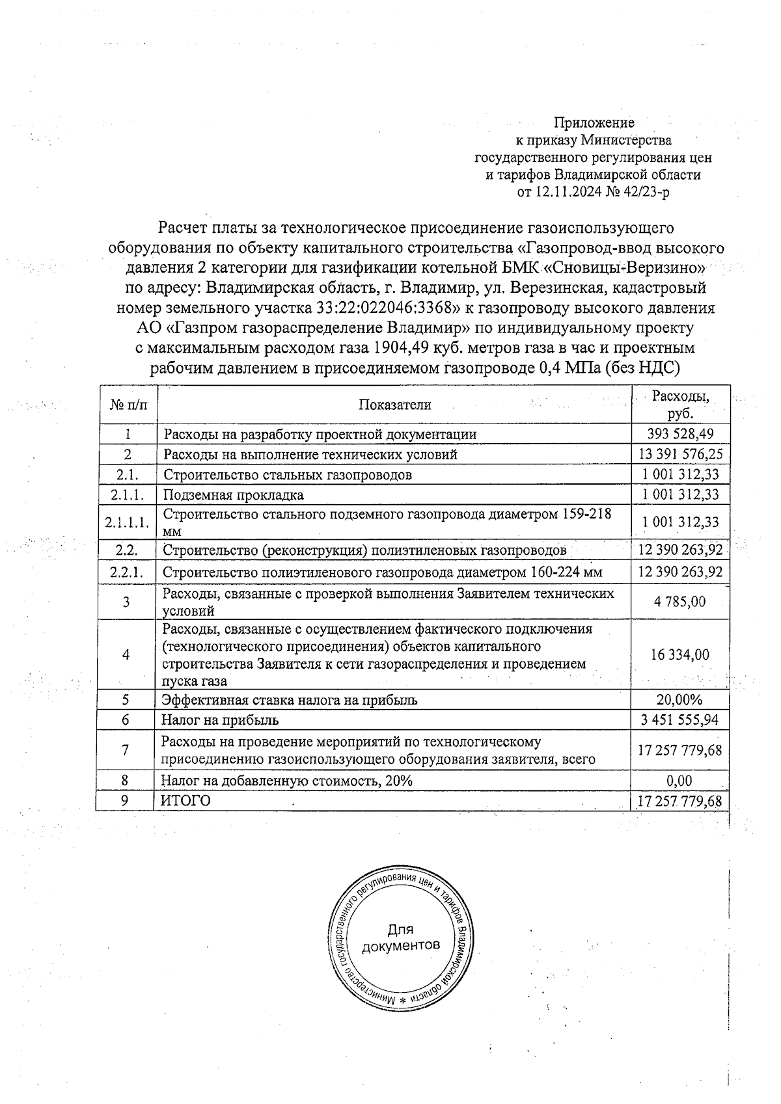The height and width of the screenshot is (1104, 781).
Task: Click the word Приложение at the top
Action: click(x=594, y=122)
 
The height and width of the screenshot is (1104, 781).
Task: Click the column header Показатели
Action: click(x=394, y=405)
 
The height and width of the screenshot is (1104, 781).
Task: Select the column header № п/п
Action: click(x=128, y=405)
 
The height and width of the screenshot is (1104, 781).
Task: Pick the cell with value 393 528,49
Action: click(x=680, y=435)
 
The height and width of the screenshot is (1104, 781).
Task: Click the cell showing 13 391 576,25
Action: click(x=680, y=454)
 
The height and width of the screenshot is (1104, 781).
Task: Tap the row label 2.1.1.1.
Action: click(x=128, y=522)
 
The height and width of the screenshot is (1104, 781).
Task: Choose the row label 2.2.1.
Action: click(x=128, y=572)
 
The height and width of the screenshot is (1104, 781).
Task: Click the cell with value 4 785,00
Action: click(x=680, y=602)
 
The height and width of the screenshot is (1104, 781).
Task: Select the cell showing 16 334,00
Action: click(x=680, y=655)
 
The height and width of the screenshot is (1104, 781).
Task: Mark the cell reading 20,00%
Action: click(x=680, y=700)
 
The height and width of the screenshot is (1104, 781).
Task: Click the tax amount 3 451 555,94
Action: click(x=680, y=720)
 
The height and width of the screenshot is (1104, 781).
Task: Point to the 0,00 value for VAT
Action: click(x=680, y=781)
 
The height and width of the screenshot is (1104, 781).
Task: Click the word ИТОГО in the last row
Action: click(x=186, y=801)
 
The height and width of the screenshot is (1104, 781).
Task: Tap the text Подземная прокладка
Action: click(x=233, y=495)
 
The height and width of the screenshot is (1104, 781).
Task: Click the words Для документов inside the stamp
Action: click(x=400, y=937)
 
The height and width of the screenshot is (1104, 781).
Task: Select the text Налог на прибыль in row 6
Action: click(x=220, y=720)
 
